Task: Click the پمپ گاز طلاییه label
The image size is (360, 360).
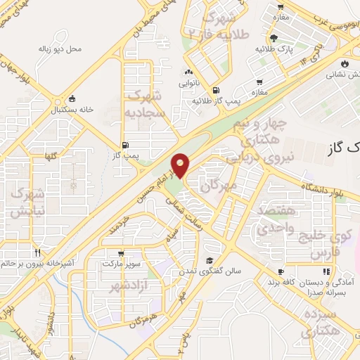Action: [218, 101]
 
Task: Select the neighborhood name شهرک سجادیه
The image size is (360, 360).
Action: [146, 103]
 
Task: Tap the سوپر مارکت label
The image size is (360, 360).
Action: [122, 263]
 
